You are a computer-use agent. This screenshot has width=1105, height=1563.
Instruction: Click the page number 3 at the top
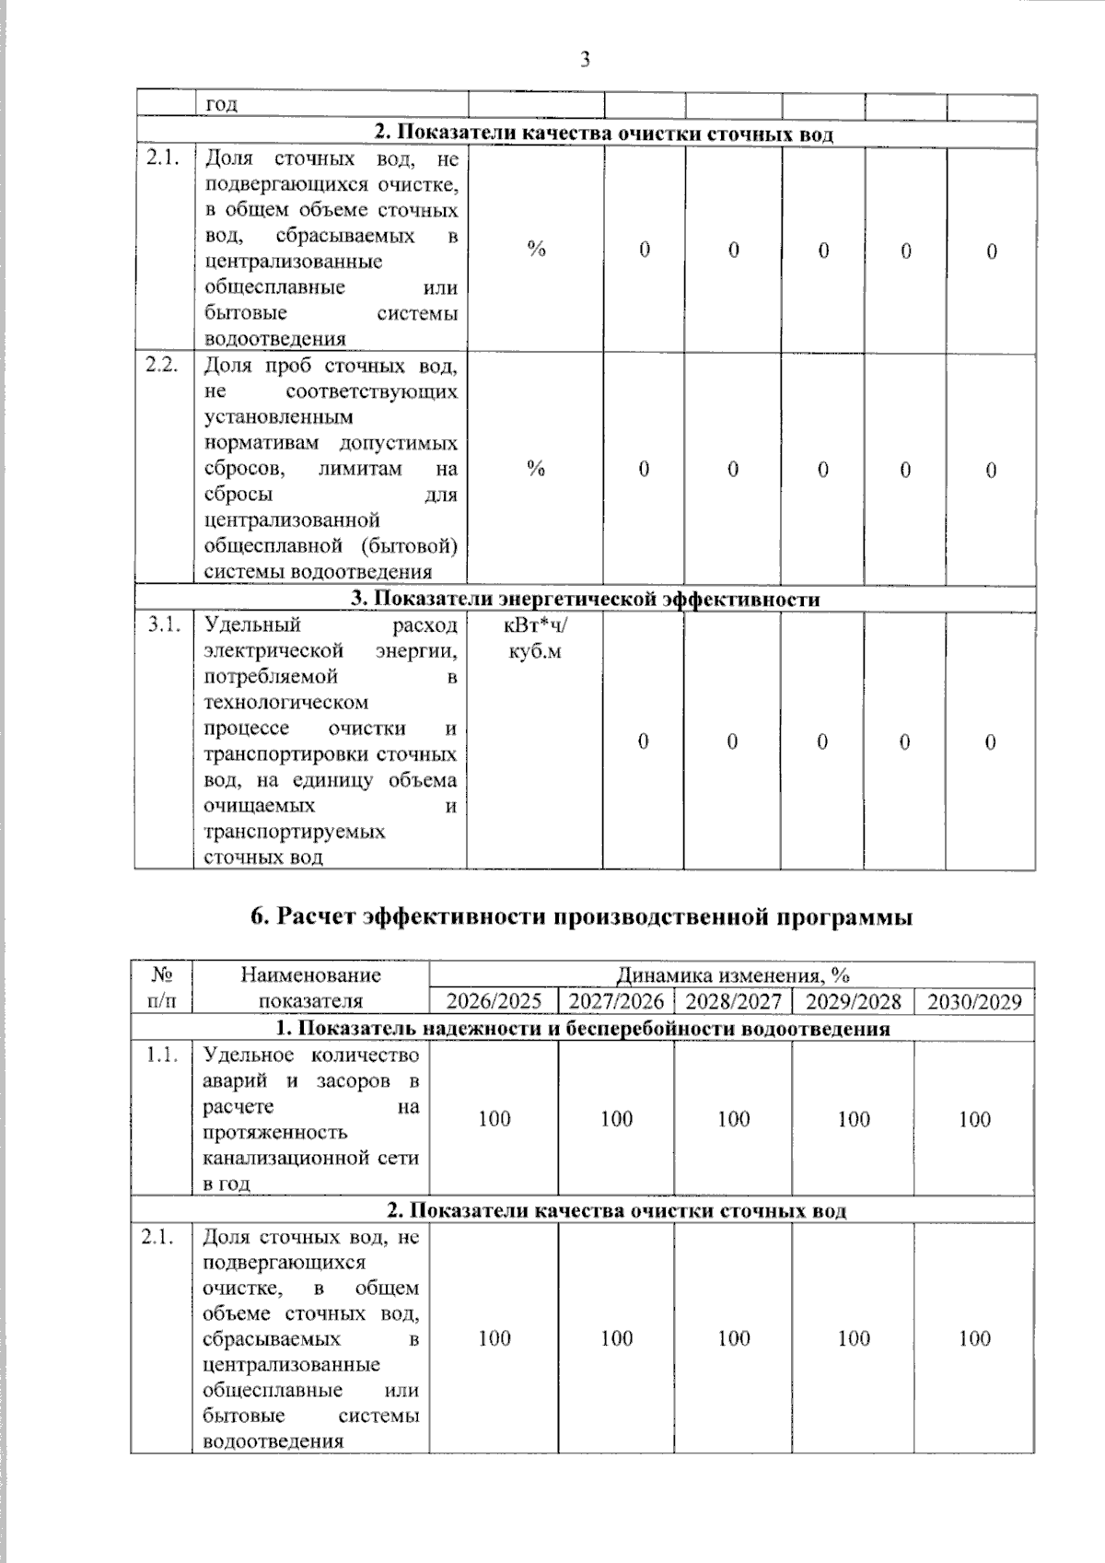point(585,61)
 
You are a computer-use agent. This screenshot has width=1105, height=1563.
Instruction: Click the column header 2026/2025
point(494,1001)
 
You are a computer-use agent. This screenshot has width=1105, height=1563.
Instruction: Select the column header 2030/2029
point(974,1001)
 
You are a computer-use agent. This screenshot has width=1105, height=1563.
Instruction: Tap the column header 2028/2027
point(733,1001)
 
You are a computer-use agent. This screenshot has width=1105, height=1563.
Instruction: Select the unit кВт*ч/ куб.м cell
point(536,637)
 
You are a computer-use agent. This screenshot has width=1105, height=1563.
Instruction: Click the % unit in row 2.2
point(536,469)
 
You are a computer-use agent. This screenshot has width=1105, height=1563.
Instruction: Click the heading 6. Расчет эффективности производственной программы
point(582,917)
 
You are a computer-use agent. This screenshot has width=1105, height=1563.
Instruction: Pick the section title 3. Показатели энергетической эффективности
point(586,599)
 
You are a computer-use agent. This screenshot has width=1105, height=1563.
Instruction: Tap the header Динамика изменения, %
point(732,974)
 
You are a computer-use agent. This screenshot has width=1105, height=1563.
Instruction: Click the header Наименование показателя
point(311,987)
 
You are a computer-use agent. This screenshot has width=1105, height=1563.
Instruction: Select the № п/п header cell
point(161,987)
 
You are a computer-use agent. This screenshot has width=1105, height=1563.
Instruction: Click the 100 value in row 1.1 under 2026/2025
point(494,1119)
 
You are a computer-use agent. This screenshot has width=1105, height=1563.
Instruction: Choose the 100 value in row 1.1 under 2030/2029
point(974,1119)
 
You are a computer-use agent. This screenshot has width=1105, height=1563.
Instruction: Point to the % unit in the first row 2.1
point(536,249)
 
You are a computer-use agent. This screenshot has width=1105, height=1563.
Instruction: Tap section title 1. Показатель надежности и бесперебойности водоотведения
point(583,1028)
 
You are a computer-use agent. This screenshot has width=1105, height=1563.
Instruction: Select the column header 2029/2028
point(854,1001)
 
